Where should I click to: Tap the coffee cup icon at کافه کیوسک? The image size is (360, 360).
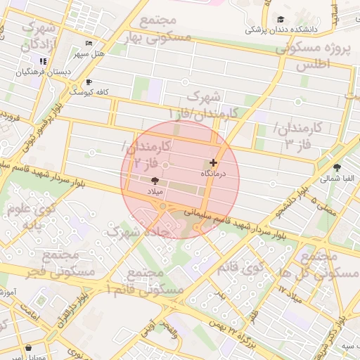click(89, 82)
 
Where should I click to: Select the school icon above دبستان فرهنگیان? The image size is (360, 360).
click(43, 62)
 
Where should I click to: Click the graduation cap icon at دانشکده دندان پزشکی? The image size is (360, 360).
click(281, 20)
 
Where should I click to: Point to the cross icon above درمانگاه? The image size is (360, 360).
click(214, 162)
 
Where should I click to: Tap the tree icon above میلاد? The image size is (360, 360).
click(155, 181)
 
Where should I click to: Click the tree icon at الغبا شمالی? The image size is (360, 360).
click(337, 167)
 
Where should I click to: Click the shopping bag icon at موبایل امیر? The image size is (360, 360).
click(28, 347)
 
